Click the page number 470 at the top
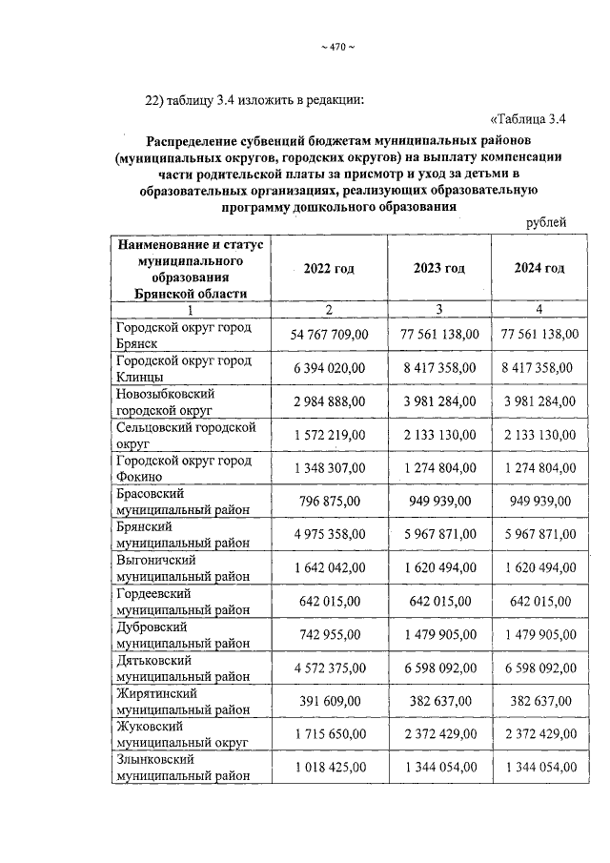[336, 49]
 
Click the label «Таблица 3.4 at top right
[528, 119]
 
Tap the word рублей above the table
[546, 222]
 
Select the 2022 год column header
[329, 269]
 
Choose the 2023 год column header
[438, 269]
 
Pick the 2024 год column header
[539, 269]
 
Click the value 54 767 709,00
[329, 335]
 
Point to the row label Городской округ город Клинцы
[183, 368]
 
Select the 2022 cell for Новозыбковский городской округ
[329, 401]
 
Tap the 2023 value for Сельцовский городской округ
[438, 435]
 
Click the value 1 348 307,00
[329, 468]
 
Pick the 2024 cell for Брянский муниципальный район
[539, 534]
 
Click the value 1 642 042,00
[329, 567]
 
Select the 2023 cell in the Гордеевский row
[438, 601]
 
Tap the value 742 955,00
[329, 634]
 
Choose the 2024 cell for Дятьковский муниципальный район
[539, 668]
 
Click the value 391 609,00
[329, 701]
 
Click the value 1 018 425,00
[329, 768]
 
